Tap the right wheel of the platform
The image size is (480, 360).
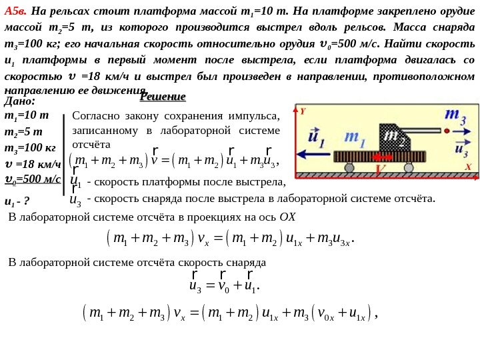pos(409,167)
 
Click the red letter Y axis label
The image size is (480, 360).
pos(302,111)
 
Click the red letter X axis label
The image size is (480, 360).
pos(468,167)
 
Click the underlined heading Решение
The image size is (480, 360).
pos(163,97)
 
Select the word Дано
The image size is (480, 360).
pos(19,101)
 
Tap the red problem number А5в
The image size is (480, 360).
pos(15,11)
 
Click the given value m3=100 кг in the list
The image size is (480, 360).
pos(30,147)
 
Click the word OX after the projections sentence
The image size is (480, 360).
pos(287,217)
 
